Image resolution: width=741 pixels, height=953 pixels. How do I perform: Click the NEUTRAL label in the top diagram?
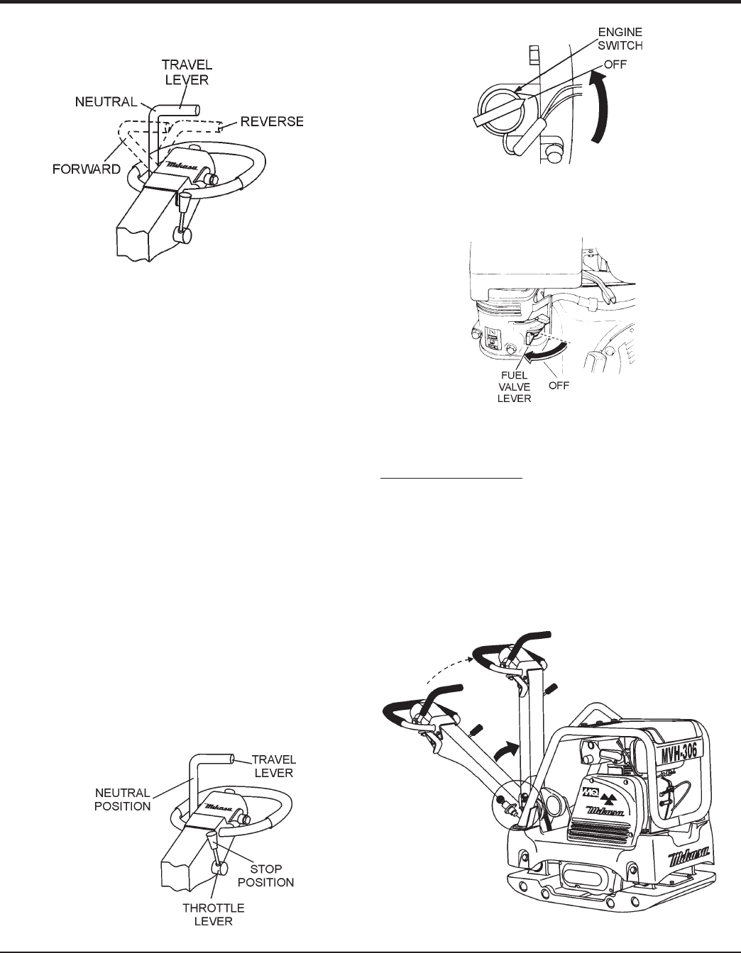click(x=106, y=103)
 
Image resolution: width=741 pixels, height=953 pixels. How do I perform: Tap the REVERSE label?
click(x=270, y=122)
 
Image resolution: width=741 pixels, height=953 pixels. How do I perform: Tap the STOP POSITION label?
click(x=270, y=875)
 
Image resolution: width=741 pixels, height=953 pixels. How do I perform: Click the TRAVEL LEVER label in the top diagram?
click(x=182, y=72)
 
